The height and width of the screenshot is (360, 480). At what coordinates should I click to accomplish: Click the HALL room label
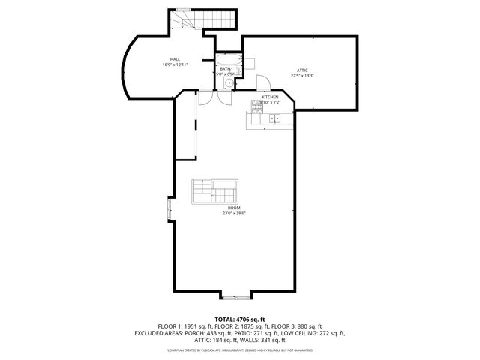175,59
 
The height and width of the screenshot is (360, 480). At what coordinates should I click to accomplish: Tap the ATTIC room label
302,70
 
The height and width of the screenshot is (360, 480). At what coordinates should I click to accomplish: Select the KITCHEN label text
270,97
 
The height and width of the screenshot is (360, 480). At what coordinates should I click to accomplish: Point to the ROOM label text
234,208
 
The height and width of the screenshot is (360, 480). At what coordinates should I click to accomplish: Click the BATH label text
225,69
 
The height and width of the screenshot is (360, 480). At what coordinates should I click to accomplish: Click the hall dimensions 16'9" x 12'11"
175,64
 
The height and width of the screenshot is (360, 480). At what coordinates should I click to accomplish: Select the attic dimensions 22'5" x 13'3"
302,75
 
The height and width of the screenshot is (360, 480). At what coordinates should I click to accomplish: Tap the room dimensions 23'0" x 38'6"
234,213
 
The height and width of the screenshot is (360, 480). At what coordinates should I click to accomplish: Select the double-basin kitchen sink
274,118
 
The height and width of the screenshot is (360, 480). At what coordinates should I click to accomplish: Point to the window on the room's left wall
169,209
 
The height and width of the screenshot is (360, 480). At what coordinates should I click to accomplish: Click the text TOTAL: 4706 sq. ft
240,319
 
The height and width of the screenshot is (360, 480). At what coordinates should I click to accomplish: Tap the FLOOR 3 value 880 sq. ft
305,326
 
